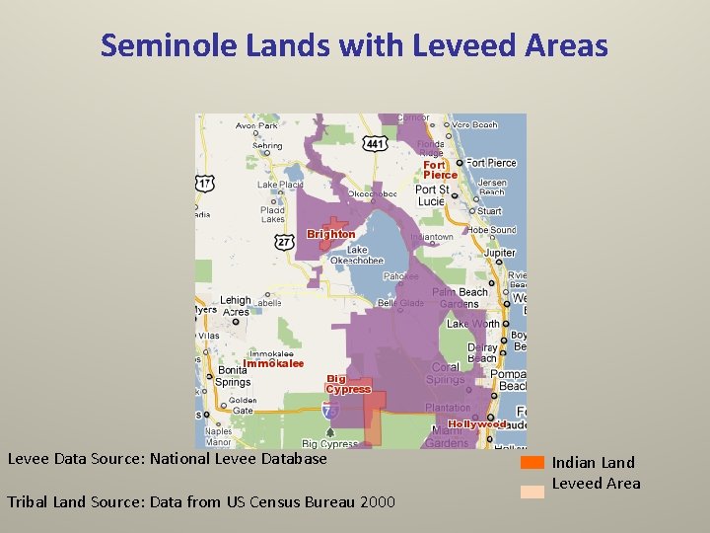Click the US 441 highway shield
point(375,144)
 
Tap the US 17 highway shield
point(205,183)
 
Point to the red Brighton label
point(330,234)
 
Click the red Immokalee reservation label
point(273,363)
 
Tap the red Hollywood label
point(477,424)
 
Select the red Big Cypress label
point(348,384)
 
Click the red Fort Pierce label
point(440,170)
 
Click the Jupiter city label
point(499,253)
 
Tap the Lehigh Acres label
point(236,306)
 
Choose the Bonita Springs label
point(233,376)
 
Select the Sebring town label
point(266,145)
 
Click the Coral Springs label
point(447,373)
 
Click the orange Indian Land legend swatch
point(532,462)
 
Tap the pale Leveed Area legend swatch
point(532,490)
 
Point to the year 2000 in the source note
point(378,501)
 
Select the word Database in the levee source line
point(294,458)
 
